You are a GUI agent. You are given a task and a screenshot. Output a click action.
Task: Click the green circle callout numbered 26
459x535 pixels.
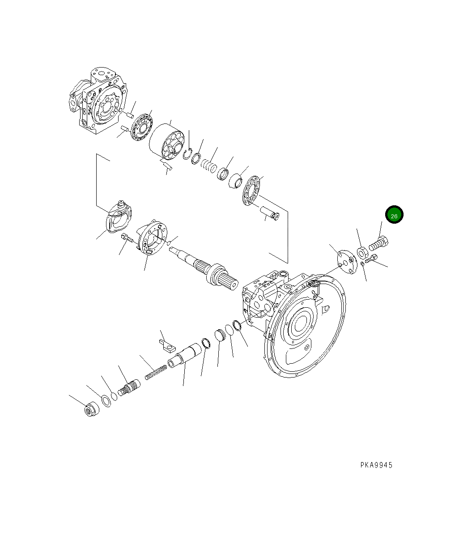point(394,215)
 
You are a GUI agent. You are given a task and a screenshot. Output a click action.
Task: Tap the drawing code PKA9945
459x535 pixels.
point(376,465)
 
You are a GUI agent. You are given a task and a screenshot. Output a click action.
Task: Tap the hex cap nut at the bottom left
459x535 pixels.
point(91,409)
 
